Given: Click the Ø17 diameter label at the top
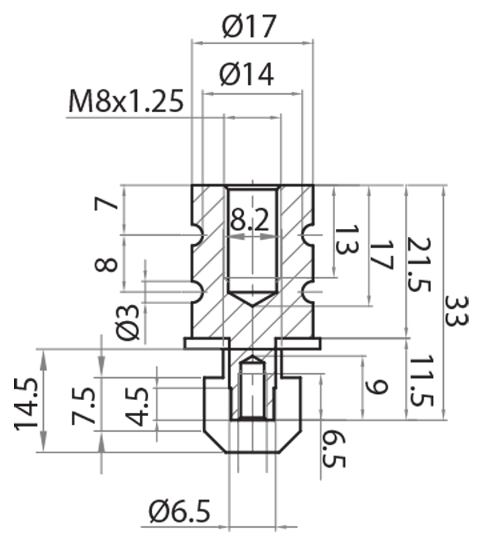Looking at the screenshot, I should (x=248, y=28).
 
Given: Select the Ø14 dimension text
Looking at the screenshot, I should (x=246, y=75).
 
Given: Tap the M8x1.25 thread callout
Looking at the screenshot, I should (x=126, y=102).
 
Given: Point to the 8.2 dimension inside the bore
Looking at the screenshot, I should (x=252, y=219).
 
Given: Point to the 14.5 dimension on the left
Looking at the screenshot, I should (x=26, y=407).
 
